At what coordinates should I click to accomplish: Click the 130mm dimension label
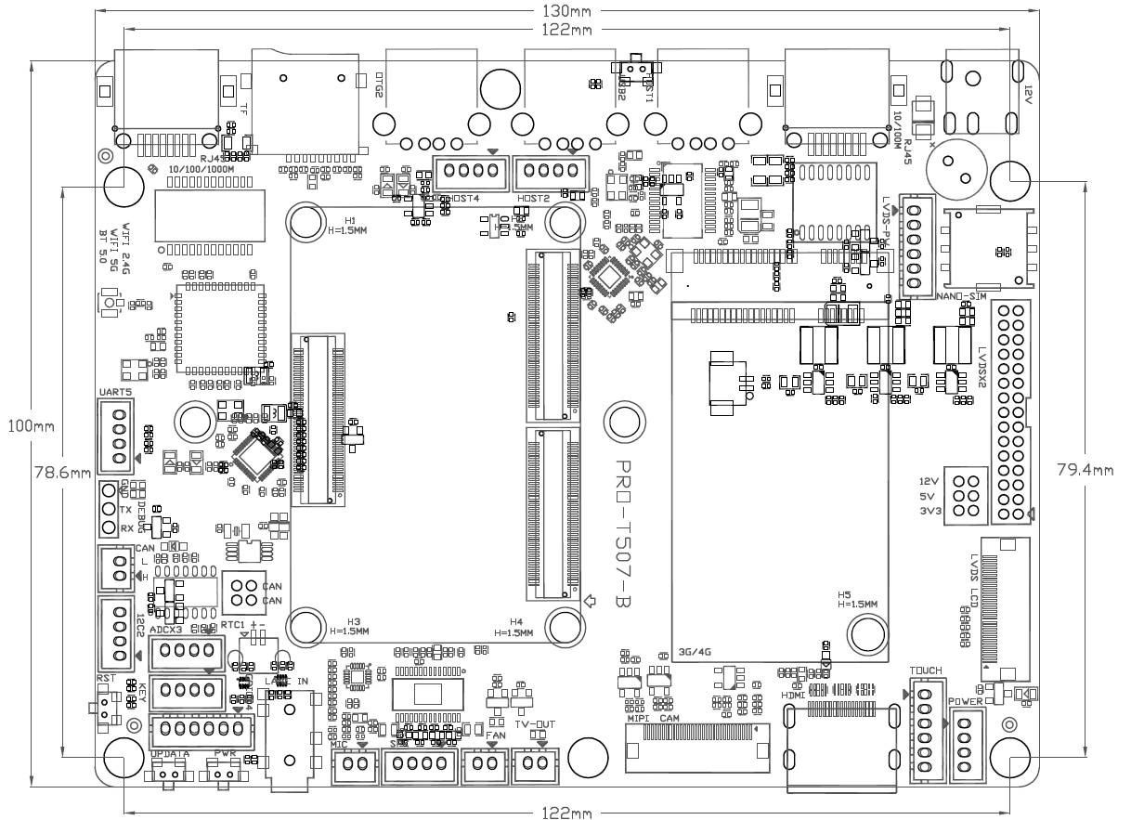(x=565, y=10)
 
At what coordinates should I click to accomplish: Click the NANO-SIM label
(x=960, y=296)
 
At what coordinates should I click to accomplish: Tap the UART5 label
(x=115, y=393)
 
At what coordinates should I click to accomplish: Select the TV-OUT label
(x=534, y=723)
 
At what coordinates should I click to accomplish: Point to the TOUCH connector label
(x=926, y=670)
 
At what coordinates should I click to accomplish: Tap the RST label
(x=105, y=679)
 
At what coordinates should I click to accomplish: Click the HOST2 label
(x=533, y=199)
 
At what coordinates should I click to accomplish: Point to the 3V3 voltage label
(x=929, y=512)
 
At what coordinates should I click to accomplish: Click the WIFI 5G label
(x=116, y=243)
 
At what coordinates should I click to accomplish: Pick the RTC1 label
(x=232, y=625)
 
